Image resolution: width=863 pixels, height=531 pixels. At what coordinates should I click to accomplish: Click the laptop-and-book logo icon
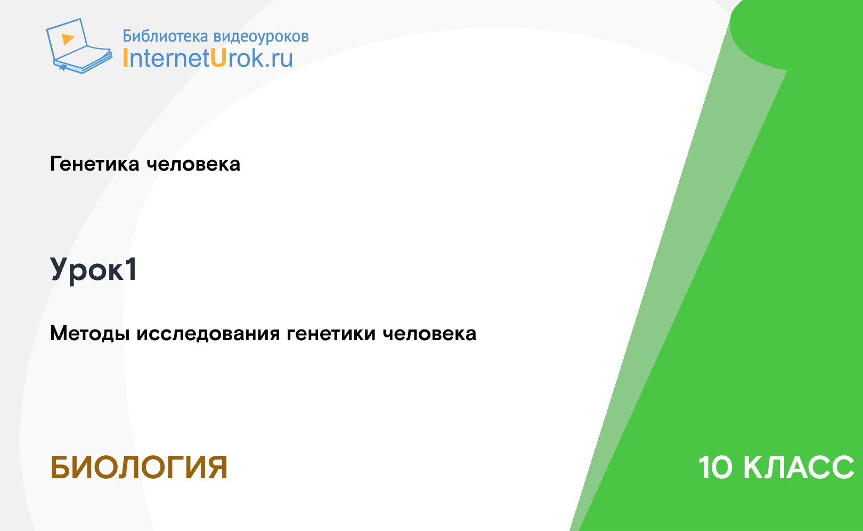pos(79,46)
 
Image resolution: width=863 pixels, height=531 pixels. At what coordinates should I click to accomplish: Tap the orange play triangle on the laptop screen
pos(68,39)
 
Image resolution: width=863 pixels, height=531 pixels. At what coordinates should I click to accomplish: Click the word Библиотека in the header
pos(165,36)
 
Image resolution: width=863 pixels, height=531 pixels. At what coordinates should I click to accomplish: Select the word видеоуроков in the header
pos(261,36)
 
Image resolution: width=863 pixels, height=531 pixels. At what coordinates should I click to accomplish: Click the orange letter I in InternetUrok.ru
pos(125,58)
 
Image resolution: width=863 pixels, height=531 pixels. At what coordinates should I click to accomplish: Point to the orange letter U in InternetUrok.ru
pos(218,58)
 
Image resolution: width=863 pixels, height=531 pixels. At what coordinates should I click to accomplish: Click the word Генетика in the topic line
pos(94,164)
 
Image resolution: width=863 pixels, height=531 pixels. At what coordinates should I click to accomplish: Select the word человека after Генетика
pos(193,164)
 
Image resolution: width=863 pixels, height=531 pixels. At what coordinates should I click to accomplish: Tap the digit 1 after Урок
pos(131,269)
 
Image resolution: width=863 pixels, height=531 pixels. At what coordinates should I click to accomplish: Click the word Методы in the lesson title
pos(90,334)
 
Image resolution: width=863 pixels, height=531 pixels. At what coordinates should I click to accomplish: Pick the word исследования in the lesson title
pos(208,334)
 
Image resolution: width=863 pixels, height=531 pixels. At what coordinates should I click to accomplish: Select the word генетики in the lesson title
pos(331,334)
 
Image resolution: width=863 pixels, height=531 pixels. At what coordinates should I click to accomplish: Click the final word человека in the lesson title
pos(429,334)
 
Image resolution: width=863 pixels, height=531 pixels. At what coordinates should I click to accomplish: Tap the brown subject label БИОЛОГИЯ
pos(139,468)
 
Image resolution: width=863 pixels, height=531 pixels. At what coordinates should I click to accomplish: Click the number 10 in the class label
pos(715,468)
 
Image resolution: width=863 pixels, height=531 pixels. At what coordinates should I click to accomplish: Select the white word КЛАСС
pos(798,468)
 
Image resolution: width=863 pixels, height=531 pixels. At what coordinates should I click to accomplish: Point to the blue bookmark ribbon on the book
pos(63,68)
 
